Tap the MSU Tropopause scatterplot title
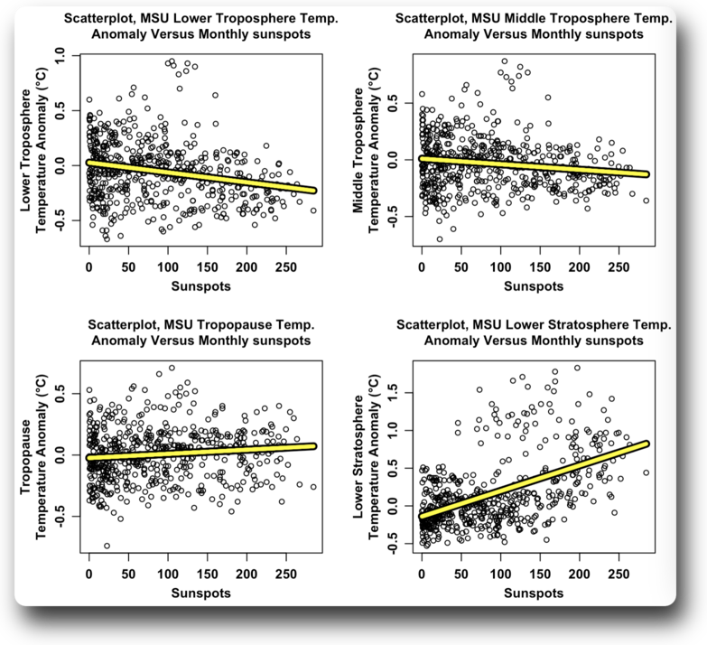pos(200,332)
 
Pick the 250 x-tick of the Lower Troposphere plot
pos(285,268)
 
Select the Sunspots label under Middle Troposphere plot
pos(533,286)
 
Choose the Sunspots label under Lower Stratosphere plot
pos(533,593)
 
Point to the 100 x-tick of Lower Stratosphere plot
pos(500,575)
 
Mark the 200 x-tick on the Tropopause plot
pos(247,575)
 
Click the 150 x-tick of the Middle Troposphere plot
pos(540,268)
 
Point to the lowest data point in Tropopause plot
pos(107,546)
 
